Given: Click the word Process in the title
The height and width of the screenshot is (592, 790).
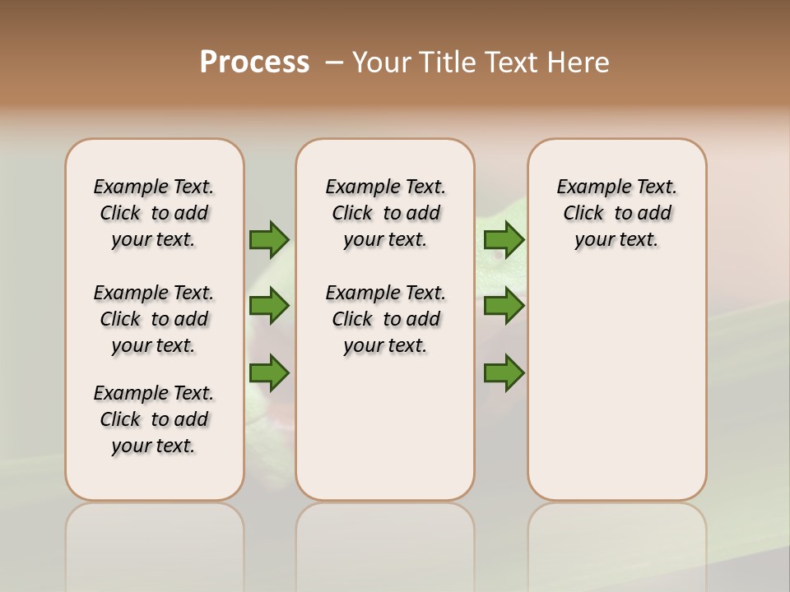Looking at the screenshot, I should pyautogui.click(x=254, y=62).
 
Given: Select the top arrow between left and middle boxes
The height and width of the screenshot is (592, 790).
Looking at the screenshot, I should pyautogui.click(x=269, y=240).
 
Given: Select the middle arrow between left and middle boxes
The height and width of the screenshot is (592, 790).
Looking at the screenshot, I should pyautogui.click(x=269, y=307).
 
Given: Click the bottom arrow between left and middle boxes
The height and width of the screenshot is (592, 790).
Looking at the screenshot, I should pyautogui.click(x=269, y=373).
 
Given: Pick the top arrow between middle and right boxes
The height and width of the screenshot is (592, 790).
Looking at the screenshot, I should pyautogui.click(x=504, y=240).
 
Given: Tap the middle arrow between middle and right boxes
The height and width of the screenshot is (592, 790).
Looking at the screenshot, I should pyautogui.click(x=504, y=307).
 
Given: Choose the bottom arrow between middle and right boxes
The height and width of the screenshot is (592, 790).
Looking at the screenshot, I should pyautogui.click(x=504, y=373).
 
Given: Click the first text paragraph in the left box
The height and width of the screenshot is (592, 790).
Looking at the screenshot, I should pyautogui.click(x=154, y=213).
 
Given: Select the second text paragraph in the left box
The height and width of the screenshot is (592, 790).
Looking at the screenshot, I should pyautogui.click(x=154, y=319).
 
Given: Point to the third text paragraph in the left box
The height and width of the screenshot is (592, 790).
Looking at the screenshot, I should pyautogui.click(x=154, y=419).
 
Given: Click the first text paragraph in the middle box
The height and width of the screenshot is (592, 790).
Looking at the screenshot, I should pyautogui.click(x=386, y=213).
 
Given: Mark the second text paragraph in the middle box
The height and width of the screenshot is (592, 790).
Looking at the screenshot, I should pyautogui.click(x=386, y=319).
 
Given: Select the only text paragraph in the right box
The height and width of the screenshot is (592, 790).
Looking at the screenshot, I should pyautogui.click(x=617, y=213).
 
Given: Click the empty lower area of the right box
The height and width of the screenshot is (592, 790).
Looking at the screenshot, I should pyautogui.click(x=617, y=386).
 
